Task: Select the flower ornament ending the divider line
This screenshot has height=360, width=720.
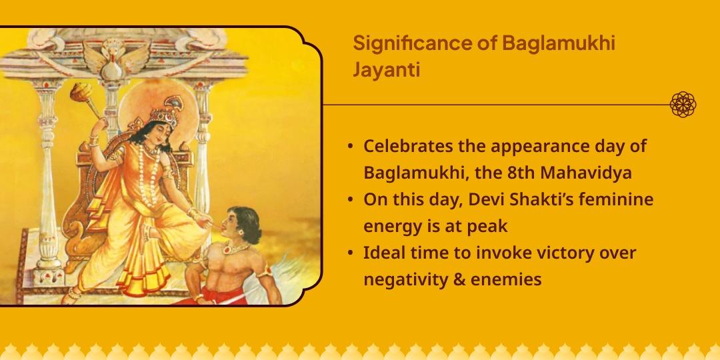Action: click(683, 105)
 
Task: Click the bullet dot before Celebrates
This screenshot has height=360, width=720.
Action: click(351, 146)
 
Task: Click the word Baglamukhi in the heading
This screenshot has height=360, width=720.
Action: click(558, 44)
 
